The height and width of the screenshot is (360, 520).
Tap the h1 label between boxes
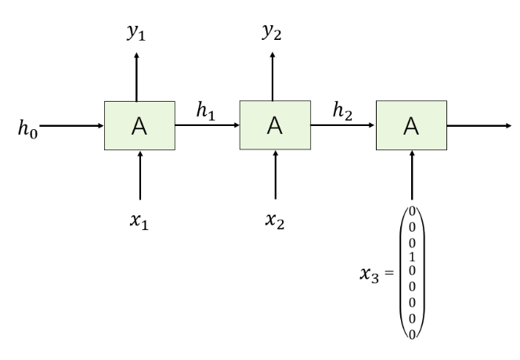(x=208, y=112)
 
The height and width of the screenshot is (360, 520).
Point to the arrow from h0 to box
(x=71, y=125)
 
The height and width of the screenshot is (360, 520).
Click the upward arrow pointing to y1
(x=138, y=76)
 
